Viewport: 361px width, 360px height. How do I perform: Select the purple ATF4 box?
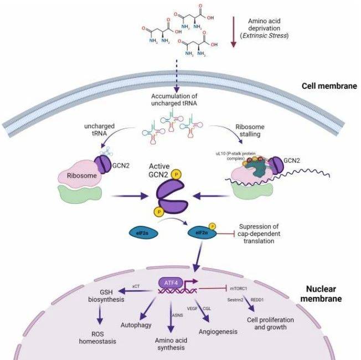pyautogui.click(x=169, y=282)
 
